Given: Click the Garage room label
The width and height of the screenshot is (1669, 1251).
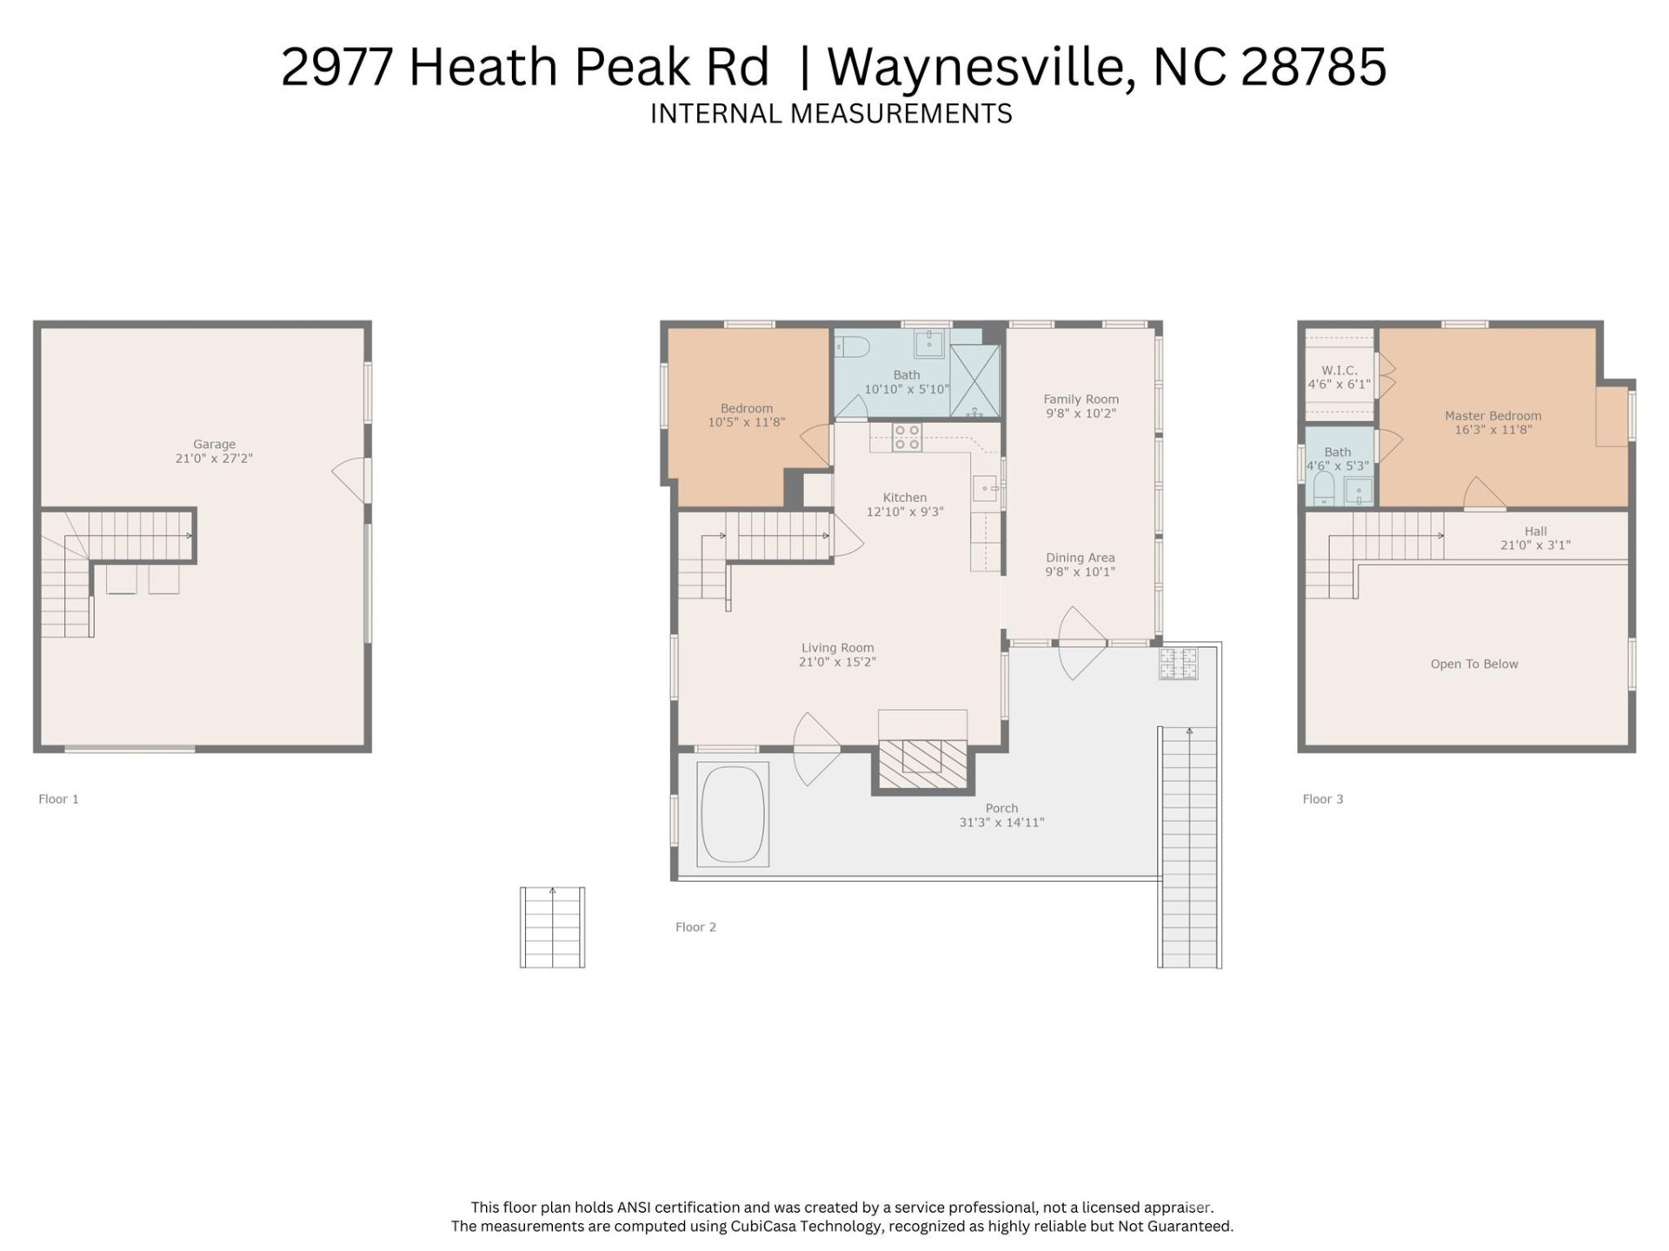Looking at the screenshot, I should click(x=214, y=444).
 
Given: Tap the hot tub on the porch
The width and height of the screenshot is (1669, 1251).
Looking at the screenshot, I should click(x=733, y=814).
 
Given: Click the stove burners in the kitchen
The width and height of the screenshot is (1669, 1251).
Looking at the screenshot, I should click(x=908, y=437).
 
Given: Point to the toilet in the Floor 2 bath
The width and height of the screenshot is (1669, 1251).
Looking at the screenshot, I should click(x=852, y=347).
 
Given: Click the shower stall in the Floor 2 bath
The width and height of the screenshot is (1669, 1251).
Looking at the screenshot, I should click(x=974, y=381).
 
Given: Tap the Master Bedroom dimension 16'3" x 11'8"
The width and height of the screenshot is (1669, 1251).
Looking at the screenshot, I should click(x=1493, y=430).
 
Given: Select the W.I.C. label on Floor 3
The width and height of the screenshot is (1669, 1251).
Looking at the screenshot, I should click(x=1339, y=370).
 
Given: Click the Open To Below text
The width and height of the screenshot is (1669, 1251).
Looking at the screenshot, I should click(x=1473, y=664).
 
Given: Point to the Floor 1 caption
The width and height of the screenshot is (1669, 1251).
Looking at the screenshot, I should click(x=58, y=799).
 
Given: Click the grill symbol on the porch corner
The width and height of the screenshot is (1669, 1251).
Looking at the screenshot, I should click(x=1178, y=664).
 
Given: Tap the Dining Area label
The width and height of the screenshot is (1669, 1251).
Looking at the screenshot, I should click(x=1080, y=558).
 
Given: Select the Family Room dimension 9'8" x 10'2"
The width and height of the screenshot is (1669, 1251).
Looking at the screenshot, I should click(x=1081, y=414).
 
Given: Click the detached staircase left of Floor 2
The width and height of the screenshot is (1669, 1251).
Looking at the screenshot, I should click(x=552, y=927).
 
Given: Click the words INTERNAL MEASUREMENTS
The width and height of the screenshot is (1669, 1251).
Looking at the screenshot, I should click(x=831, y=114).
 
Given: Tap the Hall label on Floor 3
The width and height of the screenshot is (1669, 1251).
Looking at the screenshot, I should click(x=1535, y=531).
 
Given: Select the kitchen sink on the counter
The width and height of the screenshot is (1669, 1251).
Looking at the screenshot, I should click(x=984, y=489).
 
